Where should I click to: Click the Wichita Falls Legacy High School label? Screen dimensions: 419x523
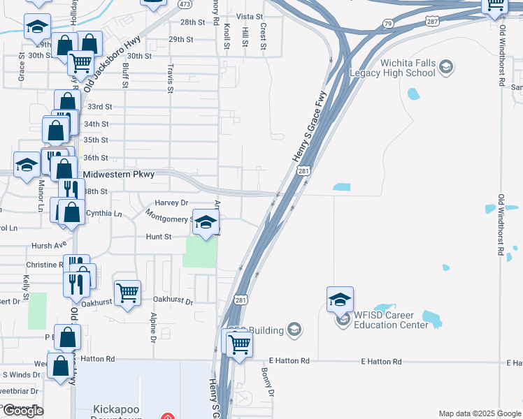pos(408,68)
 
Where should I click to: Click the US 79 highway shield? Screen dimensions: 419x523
pos(387,23)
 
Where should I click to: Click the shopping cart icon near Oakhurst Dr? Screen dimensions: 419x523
pos(128,293)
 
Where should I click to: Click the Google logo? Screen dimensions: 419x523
pos(23,411)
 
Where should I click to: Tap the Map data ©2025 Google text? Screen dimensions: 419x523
pos(480,413)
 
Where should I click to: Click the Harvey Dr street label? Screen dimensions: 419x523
pos(171,203)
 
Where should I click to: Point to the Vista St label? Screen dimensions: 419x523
pos(249,16)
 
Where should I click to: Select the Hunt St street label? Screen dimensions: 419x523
pos(159,237)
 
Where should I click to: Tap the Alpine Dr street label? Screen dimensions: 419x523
pos(152,328)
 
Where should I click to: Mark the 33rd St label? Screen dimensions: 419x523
pos(99,106)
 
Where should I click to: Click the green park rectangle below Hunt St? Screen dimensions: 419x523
pos(200,252)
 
